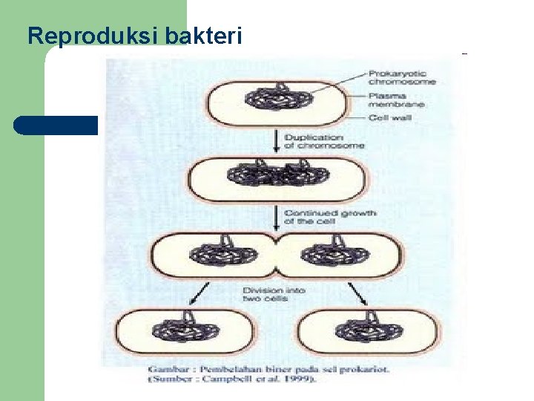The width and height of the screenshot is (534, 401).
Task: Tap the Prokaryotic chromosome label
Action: click(400, 78)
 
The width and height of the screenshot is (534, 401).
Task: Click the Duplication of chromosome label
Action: click(324, 141)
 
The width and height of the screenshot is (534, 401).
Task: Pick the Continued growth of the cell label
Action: click(330, 217)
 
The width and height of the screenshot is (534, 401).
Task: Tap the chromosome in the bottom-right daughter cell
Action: click(363, 330)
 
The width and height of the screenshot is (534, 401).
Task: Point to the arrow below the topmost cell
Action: click(276, 142)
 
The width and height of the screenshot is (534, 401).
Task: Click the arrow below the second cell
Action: click(277, 217)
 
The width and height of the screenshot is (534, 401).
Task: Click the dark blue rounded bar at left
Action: click(56, 125)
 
